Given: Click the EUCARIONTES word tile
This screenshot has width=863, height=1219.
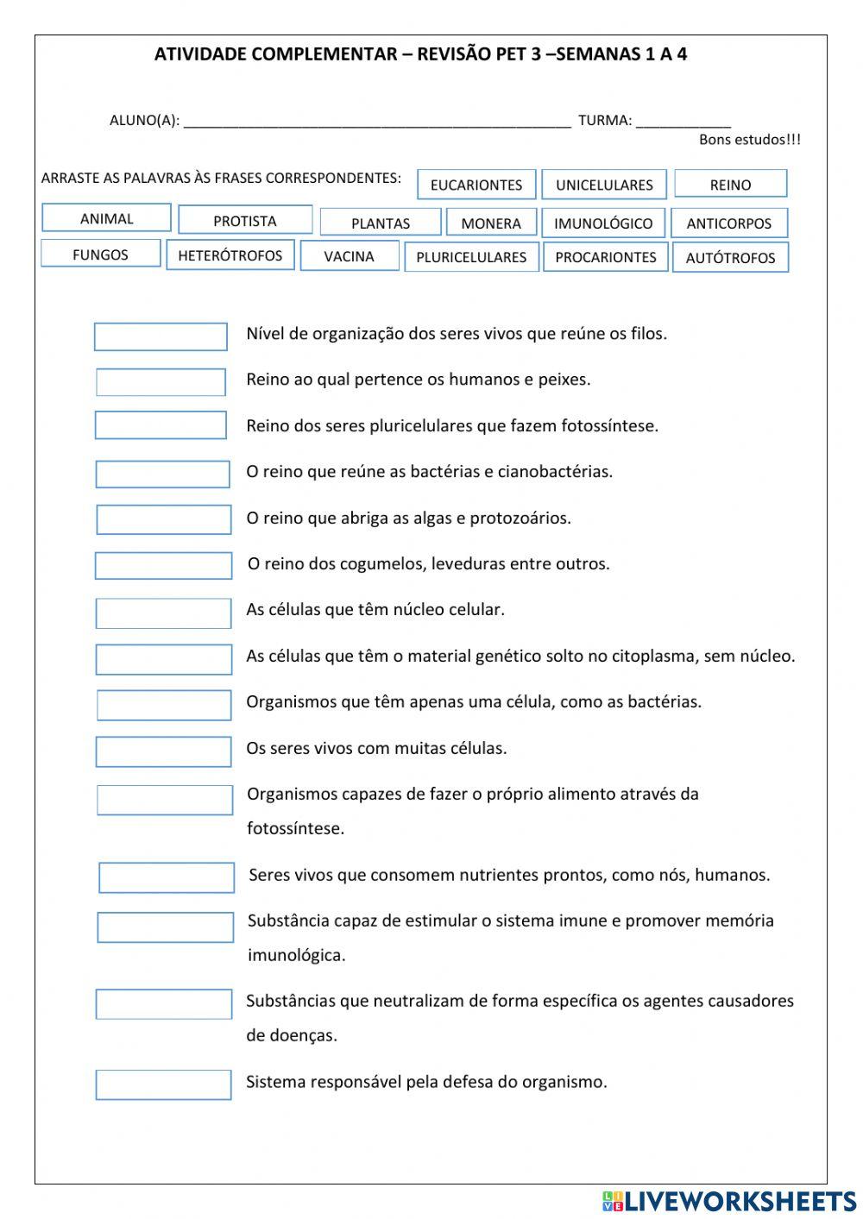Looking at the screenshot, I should [476, 185].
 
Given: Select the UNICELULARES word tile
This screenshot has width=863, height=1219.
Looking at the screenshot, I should [604, 185].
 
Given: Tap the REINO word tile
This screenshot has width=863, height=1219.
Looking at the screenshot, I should [730, 184].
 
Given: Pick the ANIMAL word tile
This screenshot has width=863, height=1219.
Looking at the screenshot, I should [106, 218].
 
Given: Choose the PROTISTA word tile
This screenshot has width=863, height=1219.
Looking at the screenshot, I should [245, 220].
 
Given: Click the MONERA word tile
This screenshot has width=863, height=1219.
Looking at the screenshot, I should [491, 223].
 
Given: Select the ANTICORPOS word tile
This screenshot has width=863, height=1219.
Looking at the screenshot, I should [729, 223].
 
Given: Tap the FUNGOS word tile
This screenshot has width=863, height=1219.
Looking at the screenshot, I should [100, 254].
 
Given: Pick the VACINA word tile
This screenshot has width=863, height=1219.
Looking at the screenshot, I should [350, 256].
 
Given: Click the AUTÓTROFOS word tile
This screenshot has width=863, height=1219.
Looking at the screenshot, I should [730, 257].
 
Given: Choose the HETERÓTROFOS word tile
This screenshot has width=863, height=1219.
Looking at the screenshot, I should [230, 255].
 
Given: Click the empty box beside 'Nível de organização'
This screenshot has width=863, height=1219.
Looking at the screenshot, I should [161, 336].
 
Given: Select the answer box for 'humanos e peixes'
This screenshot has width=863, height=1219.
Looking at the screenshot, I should [161, 382].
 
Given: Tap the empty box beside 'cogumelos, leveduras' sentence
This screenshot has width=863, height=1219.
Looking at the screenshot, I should [163, 566].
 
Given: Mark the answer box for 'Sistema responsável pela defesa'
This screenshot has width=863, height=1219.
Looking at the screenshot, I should [163, 1084].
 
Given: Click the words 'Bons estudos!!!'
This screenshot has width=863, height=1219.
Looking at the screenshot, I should [749, 140].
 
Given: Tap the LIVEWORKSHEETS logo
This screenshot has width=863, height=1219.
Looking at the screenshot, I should [729, 1200].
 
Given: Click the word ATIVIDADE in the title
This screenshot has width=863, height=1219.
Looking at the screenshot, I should [196, 55].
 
